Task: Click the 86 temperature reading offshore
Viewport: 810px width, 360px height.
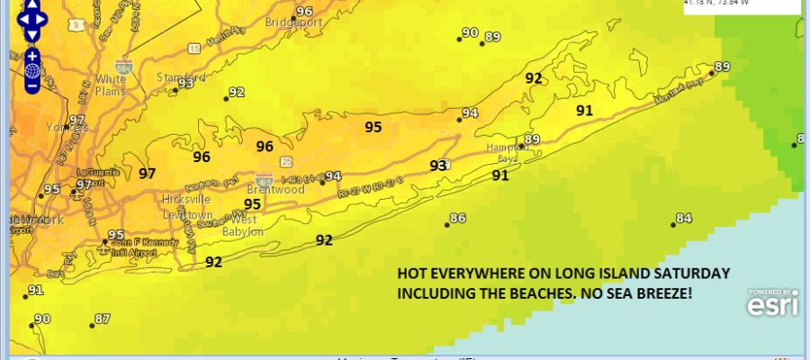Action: pos(458,218)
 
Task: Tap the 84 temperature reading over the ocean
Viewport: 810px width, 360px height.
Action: pos(684,218)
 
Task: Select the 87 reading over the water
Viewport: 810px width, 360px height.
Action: pos(102,319)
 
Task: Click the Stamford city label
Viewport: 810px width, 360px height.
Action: pos(175,76)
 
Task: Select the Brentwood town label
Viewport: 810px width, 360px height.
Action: pos(275,190)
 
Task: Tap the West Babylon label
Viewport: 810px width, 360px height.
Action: pos(242,225)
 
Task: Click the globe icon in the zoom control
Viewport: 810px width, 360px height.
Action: pos(32,70)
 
